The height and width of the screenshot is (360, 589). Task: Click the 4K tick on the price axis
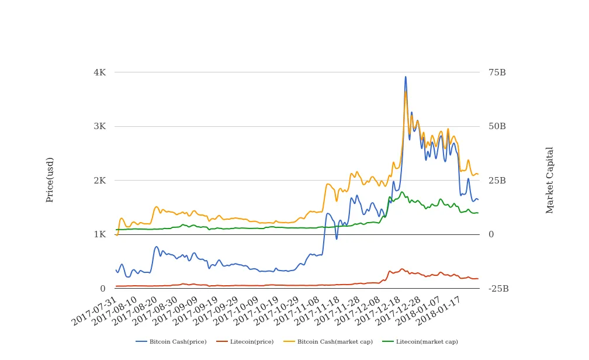(99, 72)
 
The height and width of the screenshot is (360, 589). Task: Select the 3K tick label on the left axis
(99, 126)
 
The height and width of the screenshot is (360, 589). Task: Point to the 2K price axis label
(99, 181)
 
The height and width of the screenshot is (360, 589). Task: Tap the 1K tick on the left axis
(99, 234)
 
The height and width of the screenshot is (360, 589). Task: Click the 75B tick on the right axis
(497, 72)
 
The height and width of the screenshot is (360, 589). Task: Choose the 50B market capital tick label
(497, 126)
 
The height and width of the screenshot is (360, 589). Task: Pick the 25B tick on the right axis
(497, 181)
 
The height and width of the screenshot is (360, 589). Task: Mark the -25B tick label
(498, 289)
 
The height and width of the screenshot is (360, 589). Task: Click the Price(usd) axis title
(50, 179)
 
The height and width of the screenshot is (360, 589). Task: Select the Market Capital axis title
(550, 180)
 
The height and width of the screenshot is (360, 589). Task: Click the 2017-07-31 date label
(95, 311)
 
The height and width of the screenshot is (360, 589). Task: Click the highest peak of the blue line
(406, 77)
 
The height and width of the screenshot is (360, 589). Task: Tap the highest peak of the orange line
(406, 91)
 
